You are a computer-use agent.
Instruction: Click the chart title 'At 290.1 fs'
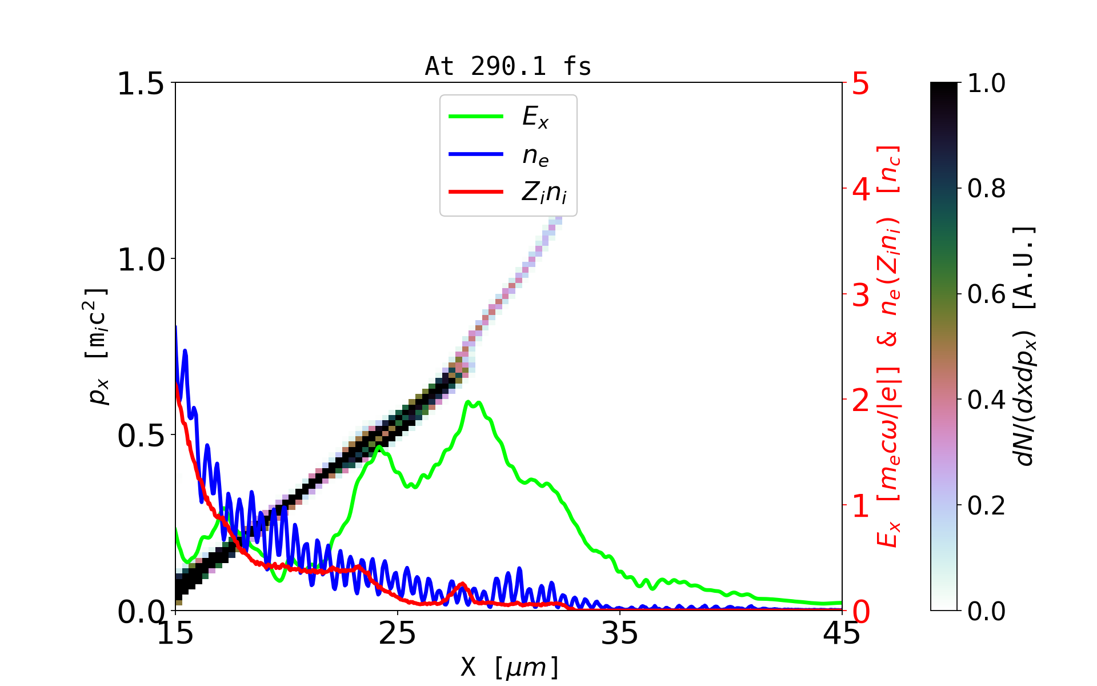click(508, 67)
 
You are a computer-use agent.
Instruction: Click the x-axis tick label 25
click(398, 633)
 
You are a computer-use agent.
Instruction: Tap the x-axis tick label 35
click(620, 633)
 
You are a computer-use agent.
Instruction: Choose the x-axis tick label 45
click(842, 633)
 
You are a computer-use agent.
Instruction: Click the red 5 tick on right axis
click(860, 84)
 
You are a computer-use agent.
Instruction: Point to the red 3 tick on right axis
click(860, 295)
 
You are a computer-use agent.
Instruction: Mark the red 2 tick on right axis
click(860, 401)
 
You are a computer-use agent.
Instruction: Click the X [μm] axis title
click(510, 667)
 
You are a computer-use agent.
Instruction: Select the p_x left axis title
click(98, 346)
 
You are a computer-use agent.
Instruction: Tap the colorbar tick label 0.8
click(986, 189)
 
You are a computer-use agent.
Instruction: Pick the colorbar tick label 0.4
click(986, 400)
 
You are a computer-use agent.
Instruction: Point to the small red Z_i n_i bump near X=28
click(462, 584)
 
